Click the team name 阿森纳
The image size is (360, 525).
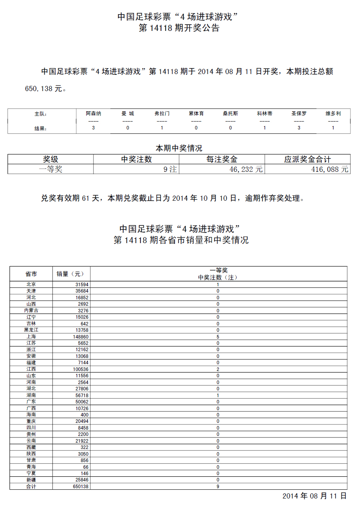[x=93, y=114]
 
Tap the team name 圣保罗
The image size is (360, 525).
[x=299, y=114]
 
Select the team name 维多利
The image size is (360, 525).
[x=333, y=114]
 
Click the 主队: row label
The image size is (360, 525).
[x=41, y=114]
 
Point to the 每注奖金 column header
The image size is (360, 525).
[x=222, y=159]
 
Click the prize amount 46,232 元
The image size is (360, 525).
[x=246, y=169]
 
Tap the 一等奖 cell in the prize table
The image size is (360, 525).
[x=51, y=169]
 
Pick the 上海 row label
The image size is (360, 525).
[x=31, y=337]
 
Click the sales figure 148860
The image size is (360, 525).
[x=81, y=337]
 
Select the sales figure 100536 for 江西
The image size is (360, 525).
[x=81, y=369]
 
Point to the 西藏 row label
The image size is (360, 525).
[x=31, y=447]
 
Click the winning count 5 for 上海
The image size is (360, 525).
[x=218, y=337]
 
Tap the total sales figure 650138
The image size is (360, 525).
[x=81, y=487]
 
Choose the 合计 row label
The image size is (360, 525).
[x=31, y=487]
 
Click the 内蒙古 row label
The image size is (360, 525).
[x=31, y=310]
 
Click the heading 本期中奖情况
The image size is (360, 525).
[x=179, y=148]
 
